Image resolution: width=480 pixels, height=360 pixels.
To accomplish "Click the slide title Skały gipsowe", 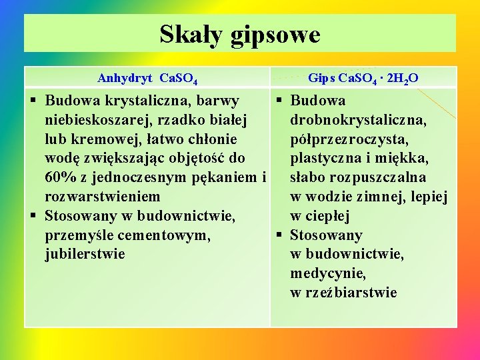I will click(240, 34).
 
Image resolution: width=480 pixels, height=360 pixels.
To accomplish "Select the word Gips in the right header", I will click(322, 78).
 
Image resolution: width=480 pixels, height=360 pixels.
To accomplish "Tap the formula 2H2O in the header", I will click(401, 79).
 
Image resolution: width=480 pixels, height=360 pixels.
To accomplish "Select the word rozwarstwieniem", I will click(102, 197).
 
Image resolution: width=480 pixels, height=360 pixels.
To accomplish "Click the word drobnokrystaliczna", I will click(359, 121).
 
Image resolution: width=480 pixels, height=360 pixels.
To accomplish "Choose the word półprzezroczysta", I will click(350, 140).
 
